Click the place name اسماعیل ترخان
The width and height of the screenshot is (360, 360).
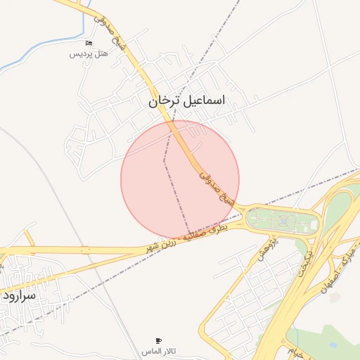tap(187, 101)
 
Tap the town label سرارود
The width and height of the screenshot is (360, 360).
tap(19, 295)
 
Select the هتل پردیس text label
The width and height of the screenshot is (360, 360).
tap(88, 54)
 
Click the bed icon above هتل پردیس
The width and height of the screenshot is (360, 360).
tap(88, 44)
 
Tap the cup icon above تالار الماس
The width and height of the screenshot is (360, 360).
tap(158, 340)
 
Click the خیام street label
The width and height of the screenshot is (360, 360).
tap(296, 352)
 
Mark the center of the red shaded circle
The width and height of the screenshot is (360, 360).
tap(180, 179)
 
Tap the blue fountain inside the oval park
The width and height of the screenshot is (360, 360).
tap(283, 222)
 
